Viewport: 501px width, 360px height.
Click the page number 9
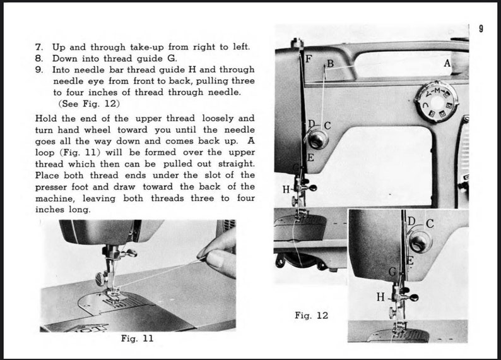[481, 28]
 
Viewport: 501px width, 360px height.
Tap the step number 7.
[38, 47]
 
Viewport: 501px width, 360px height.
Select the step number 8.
[38, 58]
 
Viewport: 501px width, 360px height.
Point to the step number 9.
[38, 69]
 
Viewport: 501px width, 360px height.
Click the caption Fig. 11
[137, 339]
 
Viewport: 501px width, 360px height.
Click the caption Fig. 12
[311, 315]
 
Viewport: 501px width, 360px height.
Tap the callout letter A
[447, 63]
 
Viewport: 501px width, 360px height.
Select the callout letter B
[329, 64]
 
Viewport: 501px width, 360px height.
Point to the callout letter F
[309, 59]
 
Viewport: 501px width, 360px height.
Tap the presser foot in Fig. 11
[114, 291]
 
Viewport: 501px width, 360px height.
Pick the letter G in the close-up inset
[392, 272]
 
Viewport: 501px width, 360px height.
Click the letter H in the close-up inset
[380, 296]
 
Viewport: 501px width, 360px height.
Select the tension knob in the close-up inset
[418, 241]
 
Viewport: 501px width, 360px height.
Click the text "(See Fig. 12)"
[89, 104]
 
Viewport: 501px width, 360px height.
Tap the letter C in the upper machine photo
[327, 126]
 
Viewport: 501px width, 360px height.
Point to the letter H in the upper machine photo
[286, 189]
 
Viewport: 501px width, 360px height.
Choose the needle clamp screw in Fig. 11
[99, 277]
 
